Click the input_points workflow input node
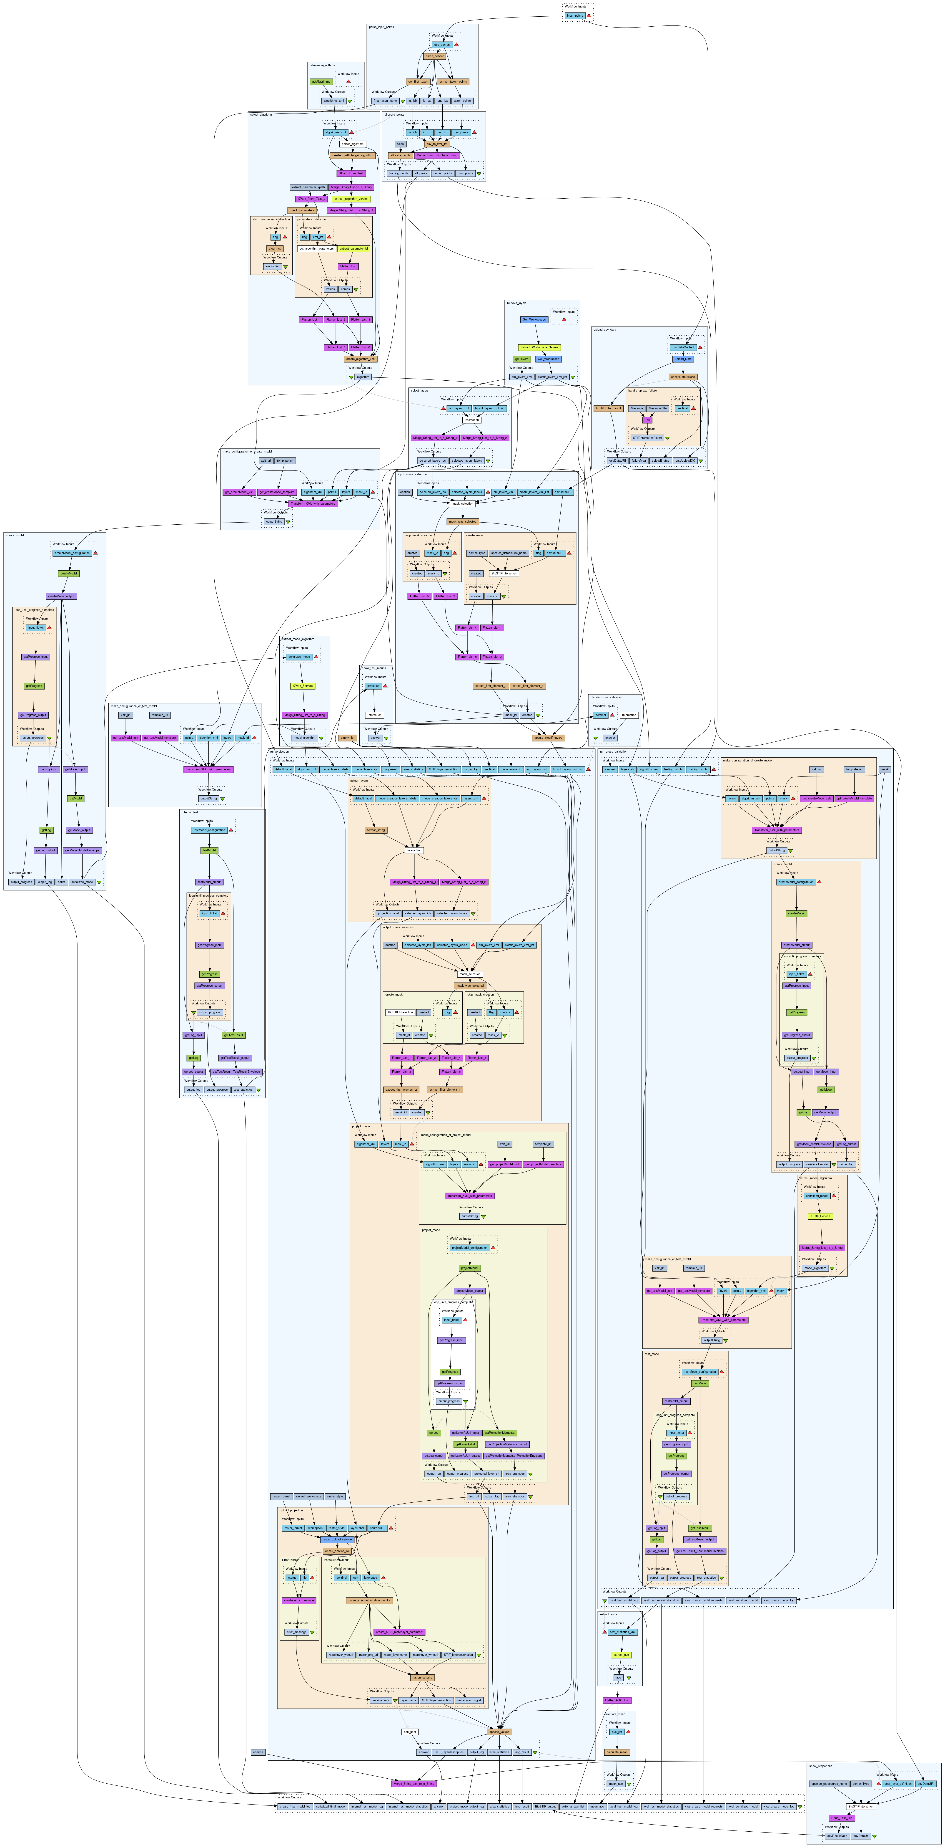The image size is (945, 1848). tap(574, 15)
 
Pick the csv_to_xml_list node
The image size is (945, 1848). tap(437, 144)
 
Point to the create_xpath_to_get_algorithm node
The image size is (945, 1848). tap(353, 155)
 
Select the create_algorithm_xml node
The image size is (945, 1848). tap(361, 359)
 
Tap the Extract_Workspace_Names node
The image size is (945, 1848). tap(539, 347)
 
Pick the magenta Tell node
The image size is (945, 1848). tap(647, 420)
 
